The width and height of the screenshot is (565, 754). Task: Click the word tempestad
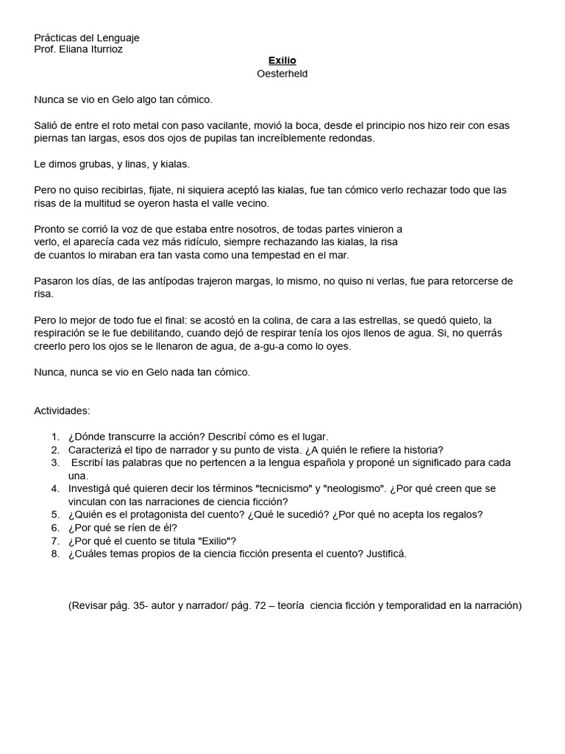tap(282, 255)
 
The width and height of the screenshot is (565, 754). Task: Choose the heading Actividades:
tap(63, 410)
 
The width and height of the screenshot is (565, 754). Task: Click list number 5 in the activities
tap(55, 515)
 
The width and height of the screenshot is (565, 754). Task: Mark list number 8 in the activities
tap(55, 554)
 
